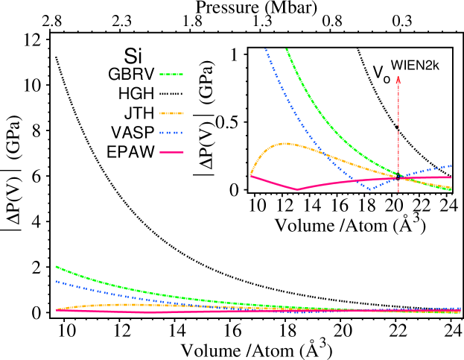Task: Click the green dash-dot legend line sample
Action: coord(171,75)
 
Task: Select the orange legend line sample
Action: coord(171,113)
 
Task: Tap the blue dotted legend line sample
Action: coord(171,133)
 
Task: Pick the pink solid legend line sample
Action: coord(171,152)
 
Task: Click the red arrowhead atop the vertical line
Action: coord(398,80)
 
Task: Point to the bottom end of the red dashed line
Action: coord(398,192)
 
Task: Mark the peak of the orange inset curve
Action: coord(286,143)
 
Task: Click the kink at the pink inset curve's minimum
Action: coord(297,189)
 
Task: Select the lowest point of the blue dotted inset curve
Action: coord(370,189)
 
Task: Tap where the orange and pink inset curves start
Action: coord(251,175)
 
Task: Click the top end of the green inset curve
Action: coord(286,49)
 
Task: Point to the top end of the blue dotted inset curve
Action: coord(265,49)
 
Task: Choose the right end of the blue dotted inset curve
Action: coord(451,165)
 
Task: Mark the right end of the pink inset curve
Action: coord(451,177)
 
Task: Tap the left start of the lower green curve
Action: coord(56,266)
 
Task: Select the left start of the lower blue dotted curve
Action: coord(56,281)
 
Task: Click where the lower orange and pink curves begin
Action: coord(57,309)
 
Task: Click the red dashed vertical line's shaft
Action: coord(398,134)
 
